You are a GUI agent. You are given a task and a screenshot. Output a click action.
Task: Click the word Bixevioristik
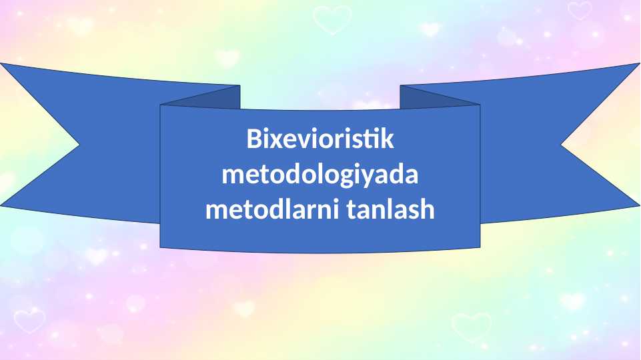tap(320, 140)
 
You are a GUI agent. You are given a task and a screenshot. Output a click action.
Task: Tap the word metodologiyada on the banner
tap(320, 176)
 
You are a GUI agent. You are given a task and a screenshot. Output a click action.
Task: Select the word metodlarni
tap(272, 210)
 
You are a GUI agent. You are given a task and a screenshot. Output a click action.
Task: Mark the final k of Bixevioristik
tap(387, 140)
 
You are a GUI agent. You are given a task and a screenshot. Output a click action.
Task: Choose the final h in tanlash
tap(426, 210)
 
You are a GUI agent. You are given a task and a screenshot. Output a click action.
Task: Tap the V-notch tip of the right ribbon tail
tap(562, 143)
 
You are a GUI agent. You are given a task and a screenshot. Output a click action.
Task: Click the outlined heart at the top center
tap(332, 19)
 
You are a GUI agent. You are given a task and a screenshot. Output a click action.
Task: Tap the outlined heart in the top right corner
tap(579, 10)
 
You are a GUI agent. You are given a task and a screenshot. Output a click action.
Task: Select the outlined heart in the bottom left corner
tap(29, 321)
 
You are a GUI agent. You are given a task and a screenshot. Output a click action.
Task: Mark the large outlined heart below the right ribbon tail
tap(471, 325)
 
